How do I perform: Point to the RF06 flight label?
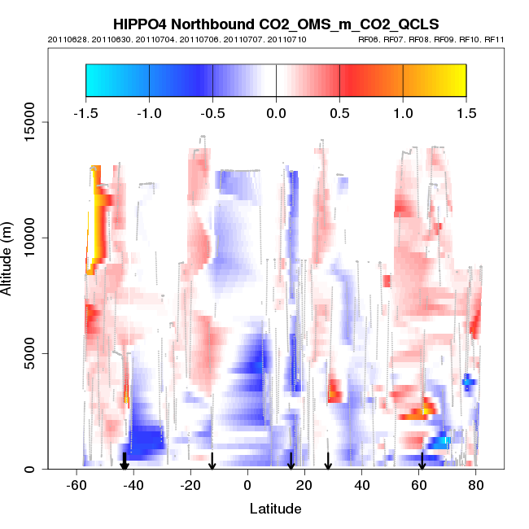[x=369, y=39]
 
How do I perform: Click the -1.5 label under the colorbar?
[x=85, y=112]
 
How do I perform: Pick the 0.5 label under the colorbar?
[x=339, y=112]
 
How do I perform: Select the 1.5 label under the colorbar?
[x=466, y=112]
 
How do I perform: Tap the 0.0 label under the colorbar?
[x=276, y=112]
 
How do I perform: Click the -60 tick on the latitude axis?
[x=76, y=485]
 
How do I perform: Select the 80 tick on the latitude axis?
[x=477, y=485]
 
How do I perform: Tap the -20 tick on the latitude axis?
[x=190, y=485]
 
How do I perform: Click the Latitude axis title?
[x=275, y=509]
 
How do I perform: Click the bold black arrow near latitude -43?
[x=125, y=461]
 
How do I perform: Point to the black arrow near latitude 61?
[x=422, y=461]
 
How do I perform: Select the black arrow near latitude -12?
[x=212, y=461]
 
